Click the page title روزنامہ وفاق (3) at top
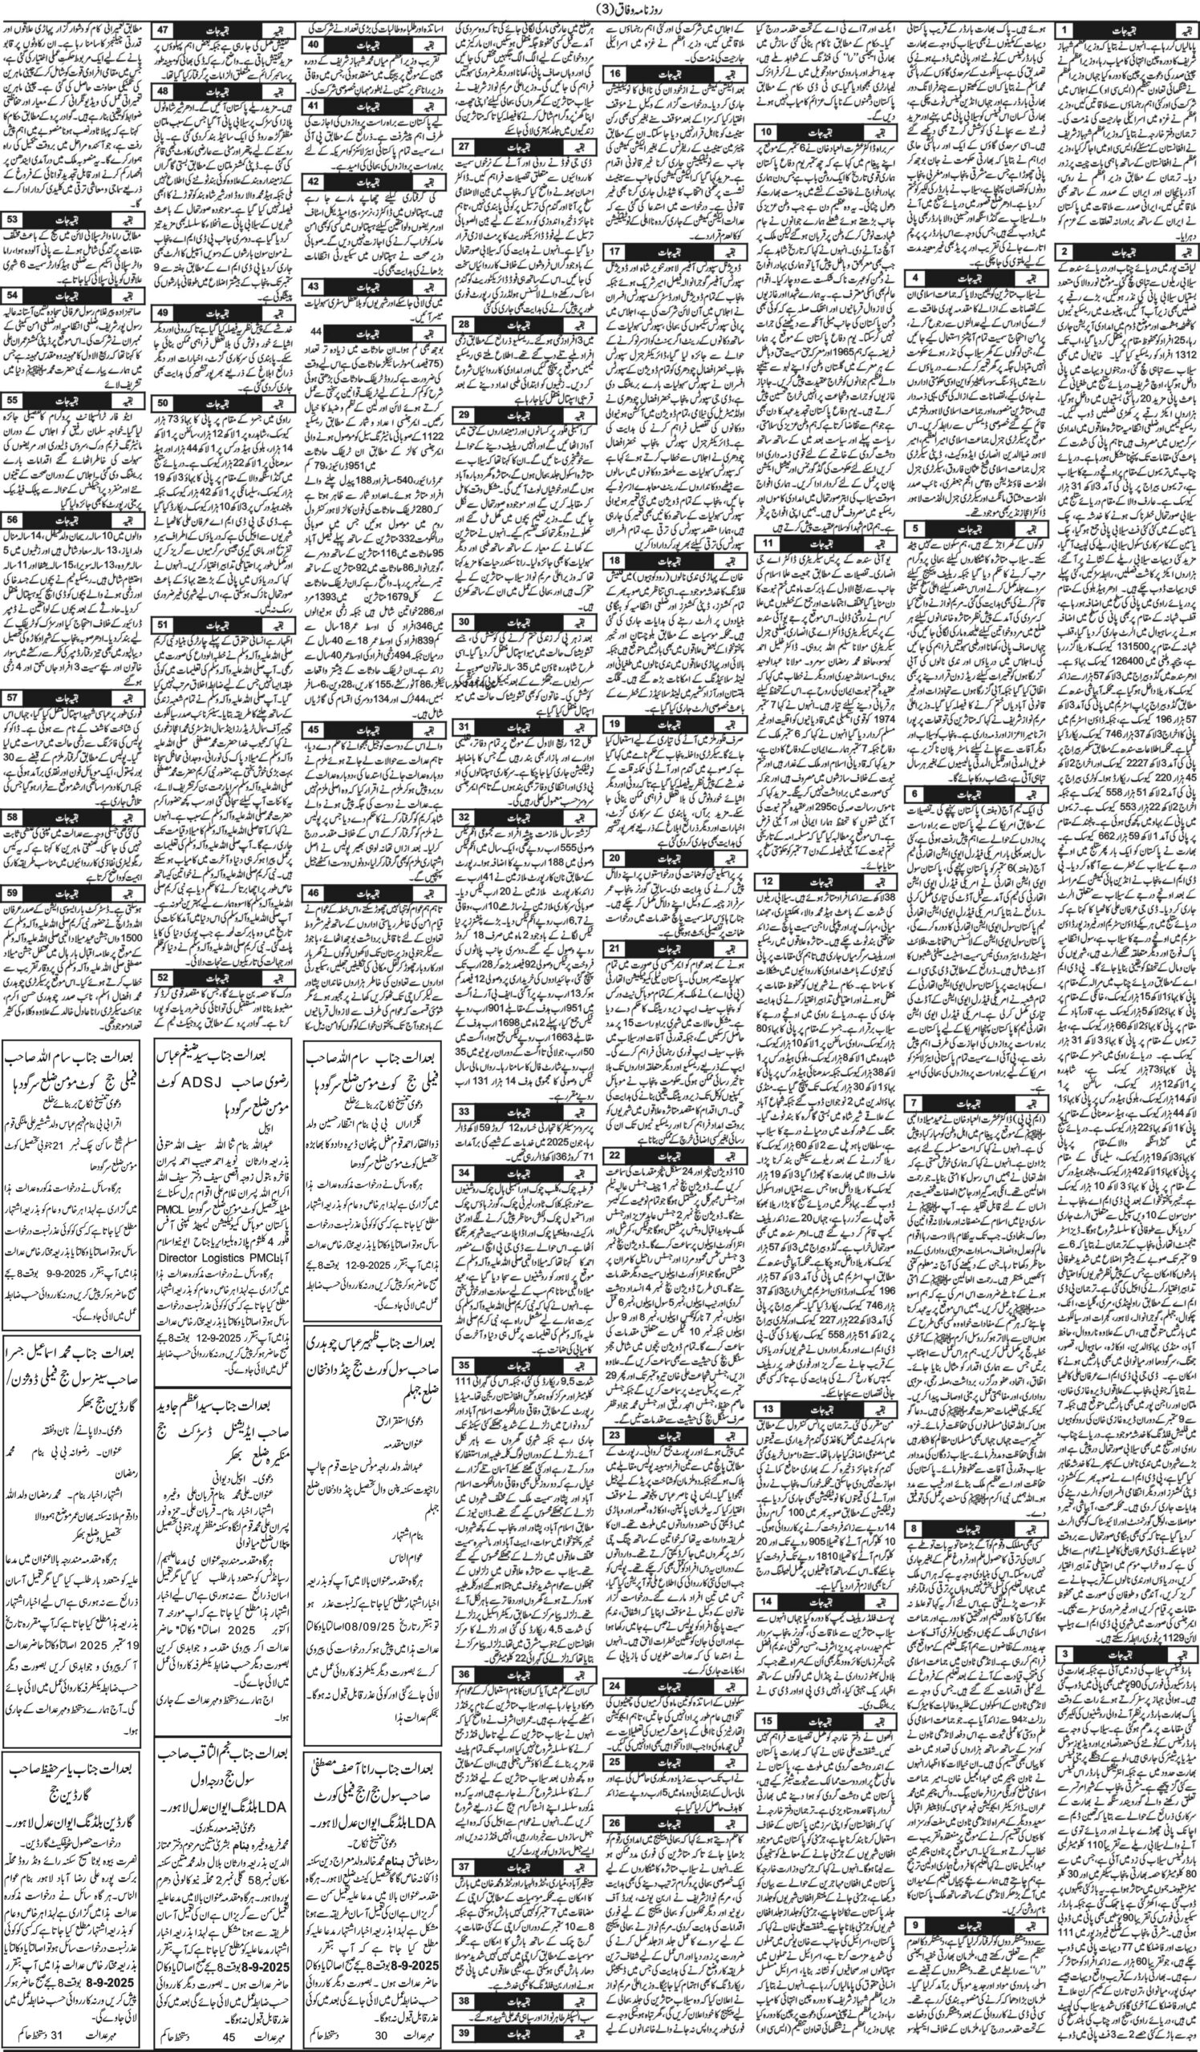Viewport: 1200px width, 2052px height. [x=599, y=10]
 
